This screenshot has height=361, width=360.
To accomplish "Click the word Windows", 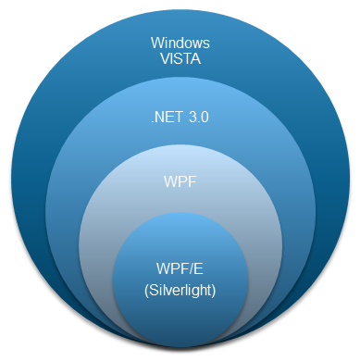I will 180,43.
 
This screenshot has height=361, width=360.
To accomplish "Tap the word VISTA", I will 180,59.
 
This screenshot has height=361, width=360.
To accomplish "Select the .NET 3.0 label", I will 180,118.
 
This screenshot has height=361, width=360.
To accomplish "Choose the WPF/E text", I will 180,269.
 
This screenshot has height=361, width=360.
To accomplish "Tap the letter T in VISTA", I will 188,59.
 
